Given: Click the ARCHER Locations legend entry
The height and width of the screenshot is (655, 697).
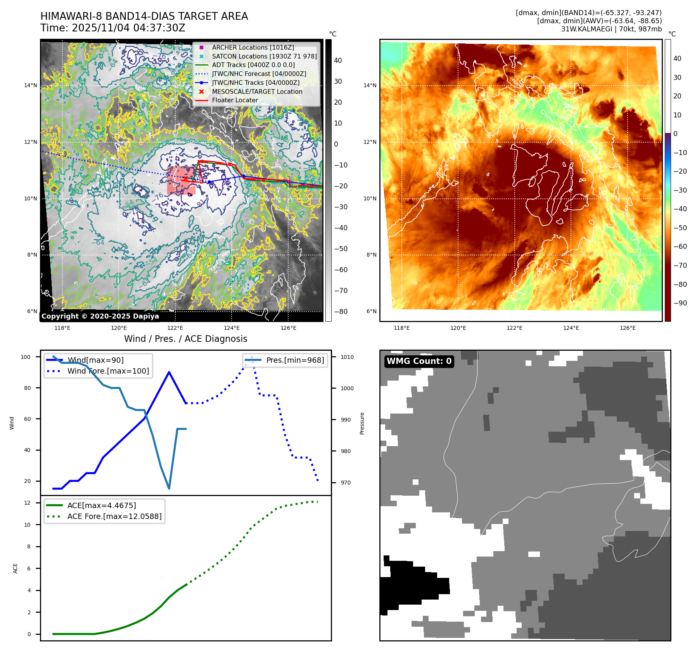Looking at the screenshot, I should pyautogui.click(x=253, y=47).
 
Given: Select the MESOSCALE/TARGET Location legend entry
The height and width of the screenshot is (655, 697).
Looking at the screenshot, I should pyautogui.click(x=257, y=91).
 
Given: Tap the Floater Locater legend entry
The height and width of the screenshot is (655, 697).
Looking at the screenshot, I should pyautogui.click(x=235, y=100).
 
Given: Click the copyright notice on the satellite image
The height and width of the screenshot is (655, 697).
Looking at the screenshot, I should pyautogui.click(x=100, y=316).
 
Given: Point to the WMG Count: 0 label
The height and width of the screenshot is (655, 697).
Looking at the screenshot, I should pyautogui.click(x=419, y=361).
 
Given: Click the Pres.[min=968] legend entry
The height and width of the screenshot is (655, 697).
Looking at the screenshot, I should pyautogui.click(x=295, y=360).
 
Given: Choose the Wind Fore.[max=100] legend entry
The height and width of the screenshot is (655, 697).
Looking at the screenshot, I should pyautogui.click(x=108, y=371).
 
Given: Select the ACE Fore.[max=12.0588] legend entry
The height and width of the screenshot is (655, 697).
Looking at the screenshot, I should pyautogui.click(x=114, y=516).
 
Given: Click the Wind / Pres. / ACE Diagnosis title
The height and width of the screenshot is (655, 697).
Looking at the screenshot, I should pyautogui.click(x=185, y=339).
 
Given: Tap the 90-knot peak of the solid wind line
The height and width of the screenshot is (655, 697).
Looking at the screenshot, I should pyautogui.click(x=169, y=372).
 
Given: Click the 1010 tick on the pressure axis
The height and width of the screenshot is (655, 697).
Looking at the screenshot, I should pyautogui.click(x=347, y=357).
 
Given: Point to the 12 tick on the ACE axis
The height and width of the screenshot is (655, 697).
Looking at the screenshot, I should pyautogui.click(x=27, y=503).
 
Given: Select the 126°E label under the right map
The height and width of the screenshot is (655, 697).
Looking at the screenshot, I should pyautogui.click(x=628, y=328).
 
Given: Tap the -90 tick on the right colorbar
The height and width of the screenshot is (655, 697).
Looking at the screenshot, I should pyautogui.click(x=680, y=303).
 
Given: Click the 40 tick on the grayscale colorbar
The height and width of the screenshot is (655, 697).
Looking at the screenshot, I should pyautogui.click(x=338, y=60).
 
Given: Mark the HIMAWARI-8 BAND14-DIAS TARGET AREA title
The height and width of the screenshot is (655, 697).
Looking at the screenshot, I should pyautogui.click(x=144, y=16).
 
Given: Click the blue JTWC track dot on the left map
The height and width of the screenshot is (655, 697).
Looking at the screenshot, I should pyautogui.click(x=209, y=182).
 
